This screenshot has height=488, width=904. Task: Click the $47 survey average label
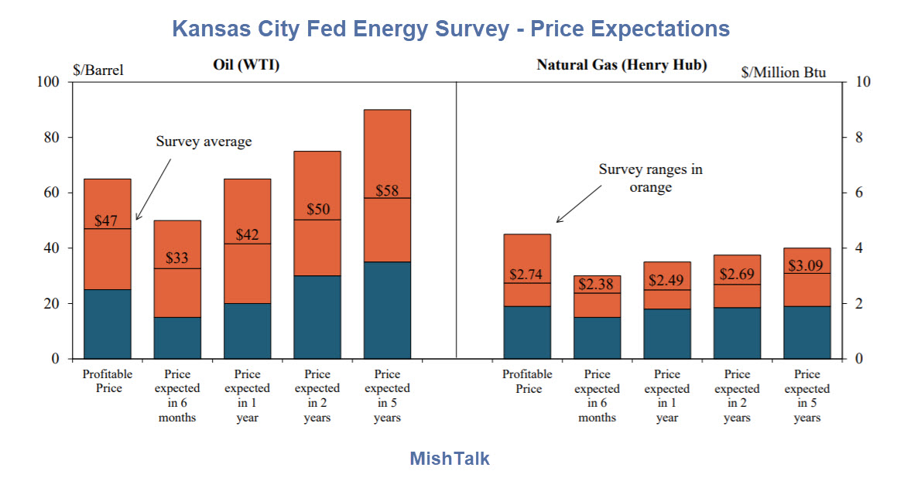coord(106,221)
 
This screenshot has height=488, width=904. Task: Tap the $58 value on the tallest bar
coord(387,190)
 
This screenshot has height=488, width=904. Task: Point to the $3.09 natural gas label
coord(806,265)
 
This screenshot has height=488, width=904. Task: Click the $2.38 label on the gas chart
coord(597,284)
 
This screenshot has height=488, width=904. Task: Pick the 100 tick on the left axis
coord(48,82)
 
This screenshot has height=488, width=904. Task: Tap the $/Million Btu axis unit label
coord(783,73)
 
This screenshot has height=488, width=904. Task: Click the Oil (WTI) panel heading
coord(246,65)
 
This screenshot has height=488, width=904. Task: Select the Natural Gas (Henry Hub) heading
coord(621,65)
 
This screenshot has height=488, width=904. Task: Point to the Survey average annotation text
coord(204,142)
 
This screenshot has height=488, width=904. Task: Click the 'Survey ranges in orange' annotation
coord(650,178)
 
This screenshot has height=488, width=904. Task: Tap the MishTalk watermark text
coord(450,459)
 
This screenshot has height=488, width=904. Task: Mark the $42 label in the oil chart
coord(247,235)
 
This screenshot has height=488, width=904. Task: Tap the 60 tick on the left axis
coord(51,193)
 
